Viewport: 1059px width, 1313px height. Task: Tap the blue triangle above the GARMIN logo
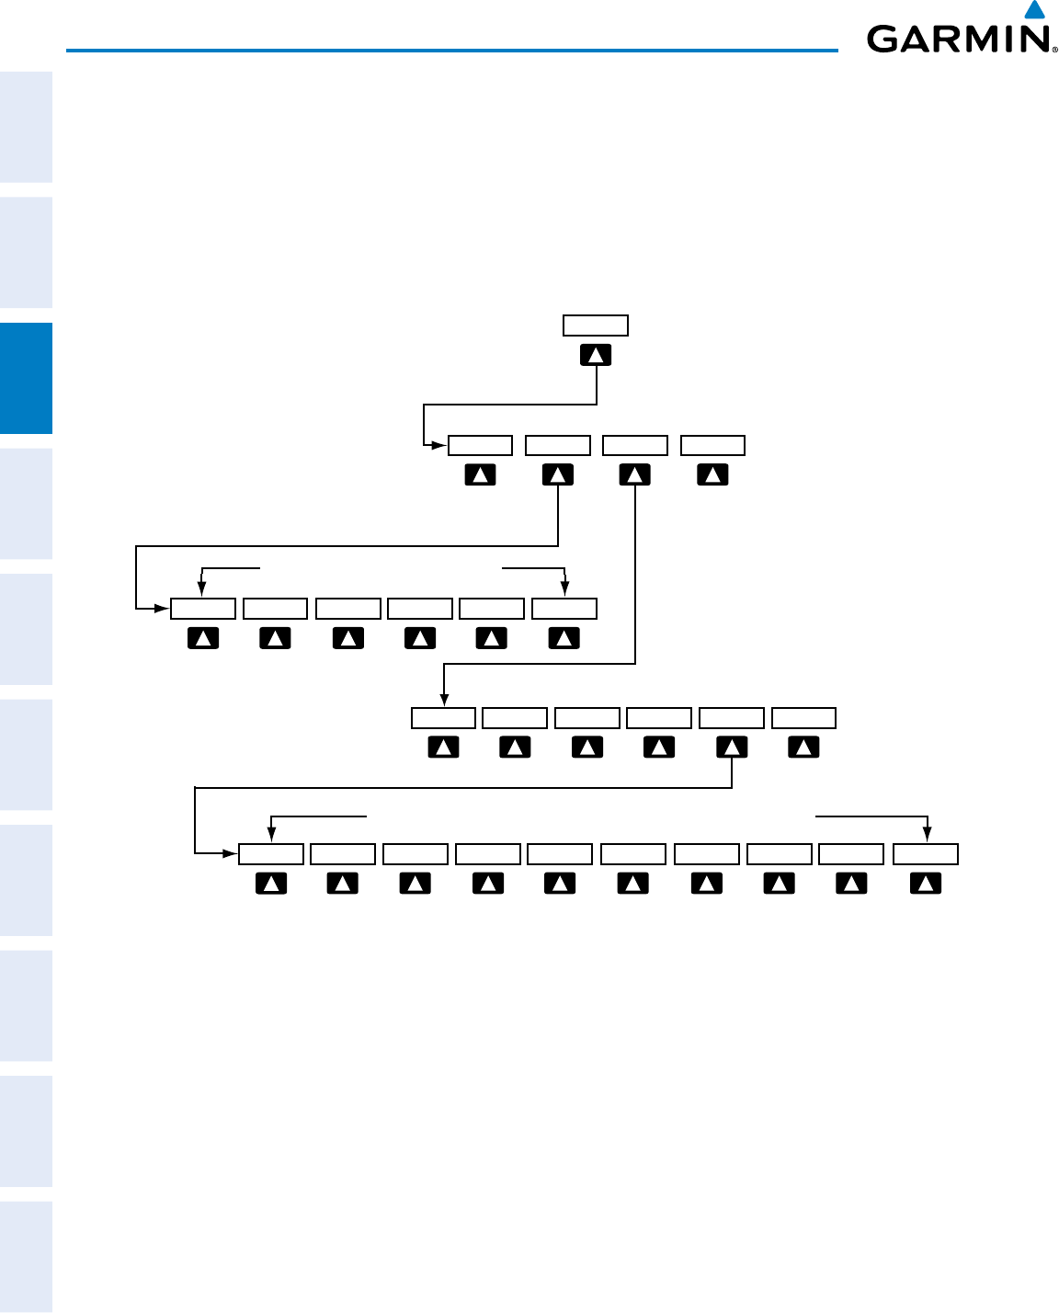coord(1035,10)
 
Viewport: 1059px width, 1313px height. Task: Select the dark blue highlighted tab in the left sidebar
coord(26,378)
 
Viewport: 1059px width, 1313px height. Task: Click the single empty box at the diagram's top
coord(596,325)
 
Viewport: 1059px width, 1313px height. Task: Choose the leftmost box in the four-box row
coord(480,446)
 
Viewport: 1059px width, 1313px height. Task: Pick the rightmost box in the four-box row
coord(712,446)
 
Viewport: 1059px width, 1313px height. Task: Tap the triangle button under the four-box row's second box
coord(558,475)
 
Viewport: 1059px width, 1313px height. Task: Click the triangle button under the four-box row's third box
coord(635,475)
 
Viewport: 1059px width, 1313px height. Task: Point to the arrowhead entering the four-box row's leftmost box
coord(439,446)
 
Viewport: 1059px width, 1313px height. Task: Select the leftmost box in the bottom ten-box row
coord(271,854)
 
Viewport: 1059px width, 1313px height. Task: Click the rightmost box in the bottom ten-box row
coord(926,854)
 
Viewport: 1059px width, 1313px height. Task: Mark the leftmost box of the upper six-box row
coord(203,609)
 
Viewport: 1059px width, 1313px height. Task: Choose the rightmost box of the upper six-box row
coord(564,609)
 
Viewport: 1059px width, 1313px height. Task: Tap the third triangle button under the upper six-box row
coord(347,638)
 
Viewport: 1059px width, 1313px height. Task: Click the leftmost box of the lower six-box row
coord(443,718)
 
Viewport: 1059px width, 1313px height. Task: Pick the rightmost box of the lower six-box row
coord(803,718)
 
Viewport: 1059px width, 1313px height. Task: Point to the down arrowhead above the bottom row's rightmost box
coord(926,836)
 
